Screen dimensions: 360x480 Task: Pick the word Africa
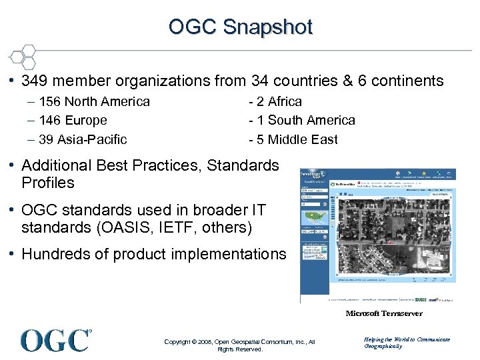(x=285, y=102)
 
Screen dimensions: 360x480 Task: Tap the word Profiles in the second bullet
(x=48, y=183)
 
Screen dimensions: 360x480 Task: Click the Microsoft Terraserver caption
(x=383, y=313)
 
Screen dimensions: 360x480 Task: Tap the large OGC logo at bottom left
(x=56, y=340)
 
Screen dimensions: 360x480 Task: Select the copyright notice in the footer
(x=239, y=345)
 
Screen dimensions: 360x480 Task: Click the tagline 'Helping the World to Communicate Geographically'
(x=407, y=343)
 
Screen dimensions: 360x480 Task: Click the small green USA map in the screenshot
(x=315, y=218)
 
